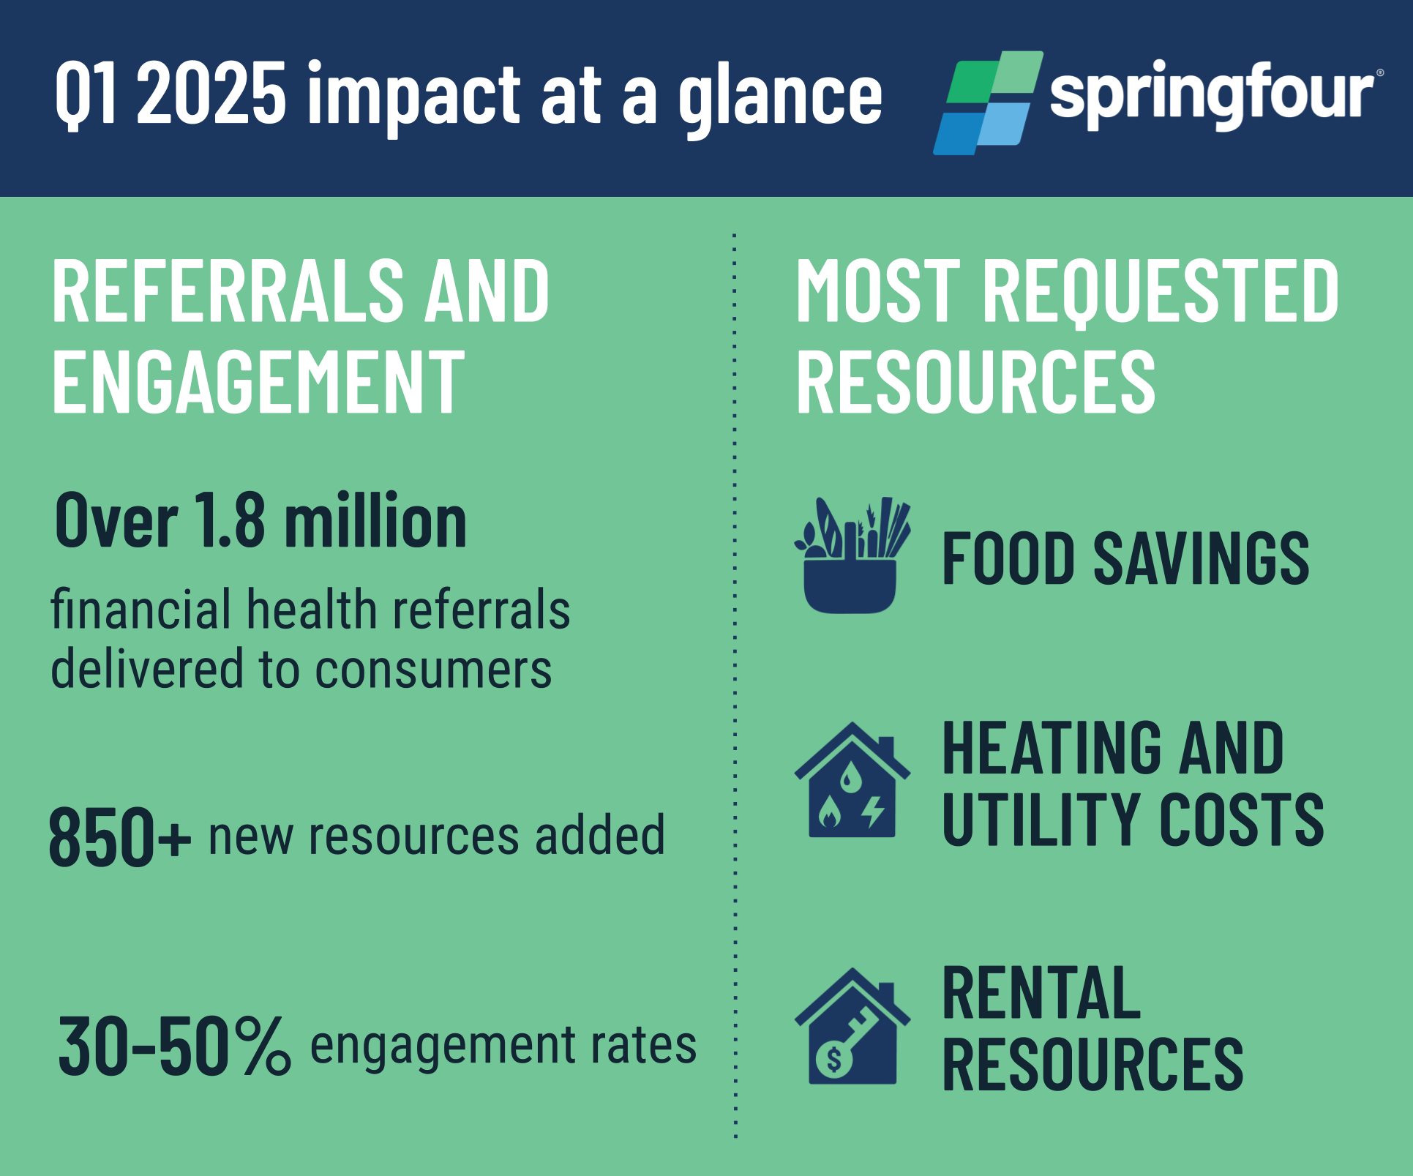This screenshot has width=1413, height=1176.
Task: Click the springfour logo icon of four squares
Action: point(988,102)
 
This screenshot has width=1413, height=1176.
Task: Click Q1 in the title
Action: point(86,94)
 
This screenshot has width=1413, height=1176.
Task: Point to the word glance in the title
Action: point(781,100)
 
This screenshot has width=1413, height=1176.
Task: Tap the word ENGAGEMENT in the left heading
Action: point(258,381)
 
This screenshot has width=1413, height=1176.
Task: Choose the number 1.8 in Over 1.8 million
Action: point(229,520)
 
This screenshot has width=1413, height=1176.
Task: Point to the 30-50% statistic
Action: point(174,1046)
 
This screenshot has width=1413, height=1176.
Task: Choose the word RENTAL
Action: point(1041,993)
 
